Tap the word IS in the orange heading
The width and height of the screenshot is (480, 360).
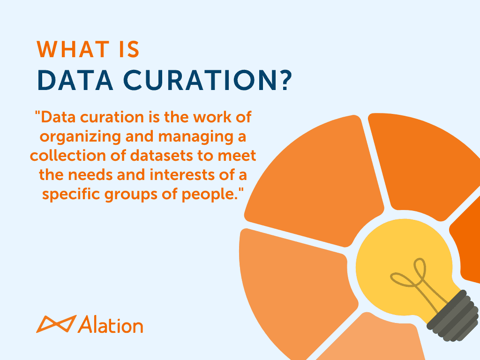[x=128, y=50]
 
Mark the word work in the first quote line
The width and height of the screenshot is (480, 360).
[x=206, y=118]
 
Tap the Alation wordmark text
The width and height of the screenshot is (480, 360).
[x=111, y=324]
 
